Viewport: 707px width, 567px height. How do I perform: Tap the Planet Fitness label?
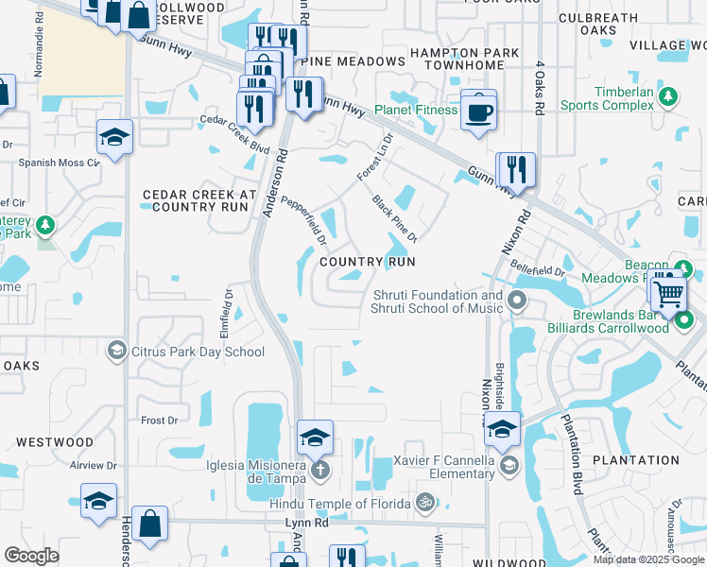click(x=415, y=111)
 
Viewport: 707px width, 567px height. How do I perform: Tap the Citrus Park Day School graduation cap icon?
click(x=117, y=352)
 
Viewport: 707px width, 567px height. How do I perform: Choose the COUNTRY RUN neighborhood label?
click(x=368, y=261)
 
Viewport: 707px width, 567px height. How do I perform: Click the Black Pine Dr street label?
click(x=395, y=217)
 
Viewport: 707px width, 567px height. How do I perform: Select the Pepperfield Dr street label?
click(x=303, y=214)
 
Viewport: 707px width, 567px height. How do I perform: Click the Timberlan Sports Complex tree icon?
click(x=668, y=96)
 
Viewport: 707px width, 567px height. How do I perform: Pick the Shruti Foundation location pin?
click(x=516, y=302)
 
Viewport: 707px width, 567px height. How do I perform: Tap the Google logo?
click(x=31, y=556)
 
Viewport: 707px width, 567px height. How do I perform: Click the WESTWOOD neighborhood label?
click(x=55, y=441)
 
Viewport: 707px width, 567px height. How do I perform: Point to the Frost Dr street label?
click(x=159, y=420)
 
